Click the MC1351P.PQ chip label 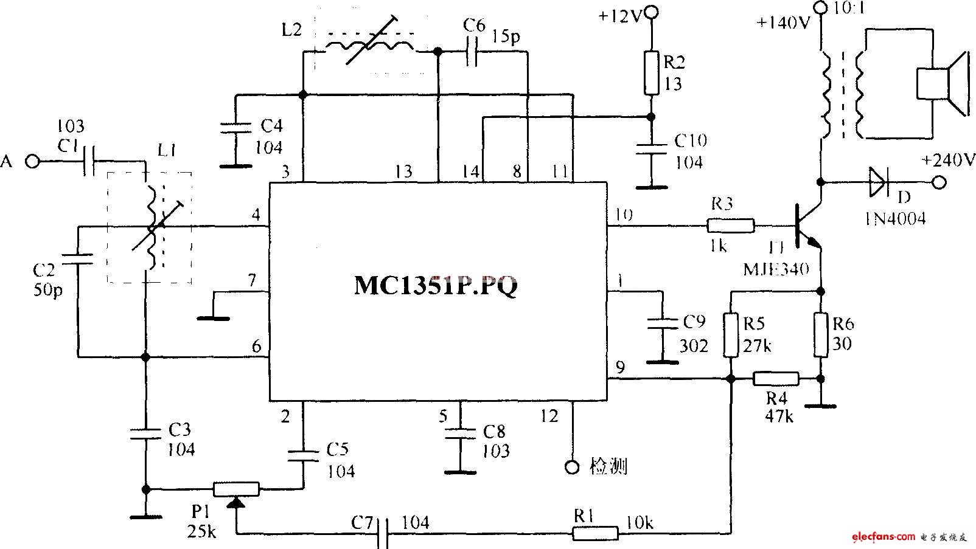click(436, 286)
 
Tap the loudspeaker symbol click(940, 83)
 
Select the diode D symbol click(879, 181)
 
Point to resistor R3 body click(731, 226)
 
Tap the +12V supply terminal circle click(651, 12)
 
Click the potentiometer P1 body click(236, 489)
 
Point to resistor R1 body click(595, 534)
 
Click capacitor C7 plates click(382, 534)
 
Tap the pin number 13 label click(403, 171)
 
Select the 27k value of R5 click(757, 345)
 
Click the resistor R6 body click(821, 334)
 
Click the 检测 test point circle click(572, 466)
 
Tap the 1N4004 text click(894, 218)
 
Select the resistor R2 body click(651, 72)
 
